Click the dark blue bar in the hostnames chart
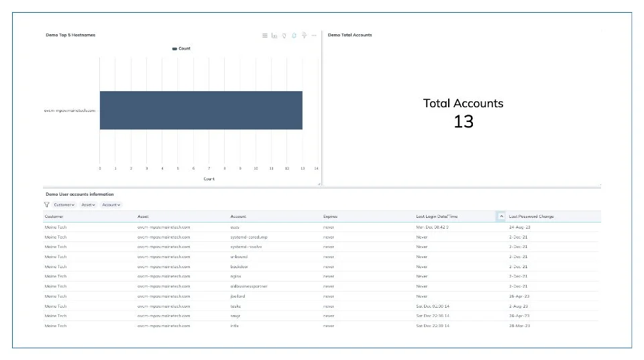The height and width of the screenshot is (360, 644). point(201,110)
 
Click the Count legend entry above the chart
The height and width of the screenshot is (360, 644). point(182,48)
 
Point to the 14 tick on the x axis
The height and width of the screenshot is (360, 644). point(316,168)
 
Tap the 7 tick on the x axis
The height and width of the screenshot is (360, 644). point(209,168)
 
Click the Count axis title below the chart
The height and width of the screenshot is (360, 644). point(209,179)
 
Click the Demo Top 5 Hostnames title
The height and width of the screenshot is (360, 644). point(70,35)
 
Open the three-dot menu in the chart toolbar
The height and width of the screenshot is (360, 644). point(314,36)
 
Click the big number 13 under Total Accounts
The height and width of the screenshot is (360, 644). point(464,121)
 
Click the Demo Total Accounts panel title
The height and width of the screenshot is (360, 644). point(350,35)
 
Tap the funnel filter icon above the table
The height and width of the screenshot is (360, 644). point(47,204)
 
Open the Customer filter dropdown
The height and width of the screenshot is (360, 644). point(64,204)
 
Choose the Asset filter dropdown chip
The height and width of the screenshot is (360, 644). point(89,204)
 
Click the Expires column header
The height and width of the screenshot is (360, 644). point(330,217)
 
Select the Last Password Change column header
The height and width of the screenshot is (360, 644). point(531,217)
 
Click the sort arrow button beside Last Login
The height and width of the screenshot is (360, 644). point(501,217)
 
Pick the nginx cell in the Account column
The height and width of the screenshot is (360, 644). point(235,276)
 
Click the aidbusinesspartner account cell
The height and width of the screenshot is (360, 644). point(249,286)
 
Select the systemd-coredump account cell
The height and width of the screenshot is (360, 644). point(249,237)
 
